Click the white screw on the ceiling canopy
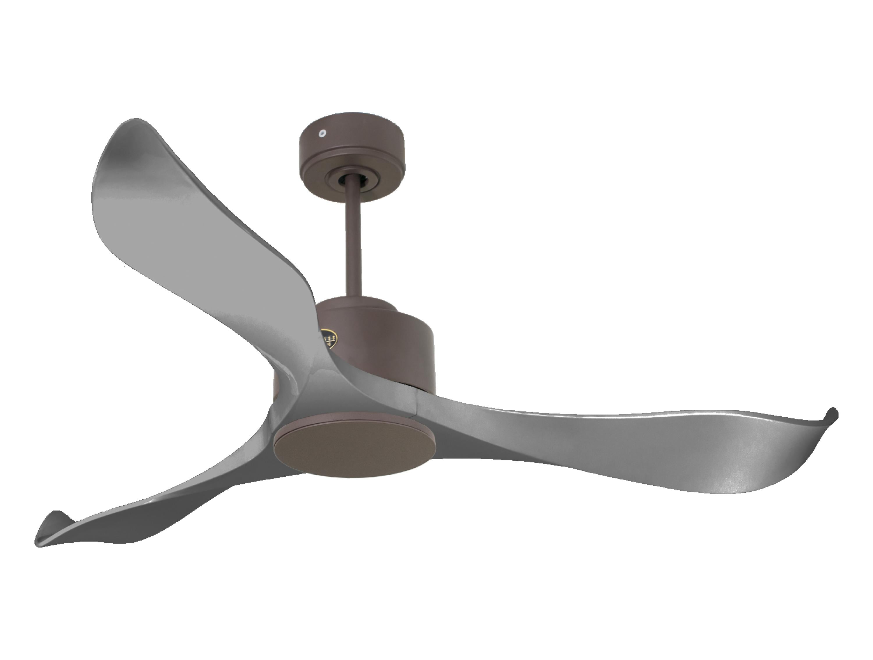tap(322, 133)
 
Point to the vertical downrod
tap(353, 245)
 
